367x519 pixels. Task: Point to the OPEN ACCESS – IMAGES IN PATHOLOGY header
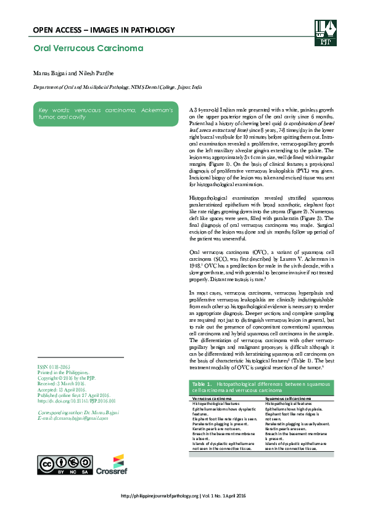(x=104, y=30)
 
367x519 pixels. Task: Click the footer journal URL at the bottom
(x=183, y=496)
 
